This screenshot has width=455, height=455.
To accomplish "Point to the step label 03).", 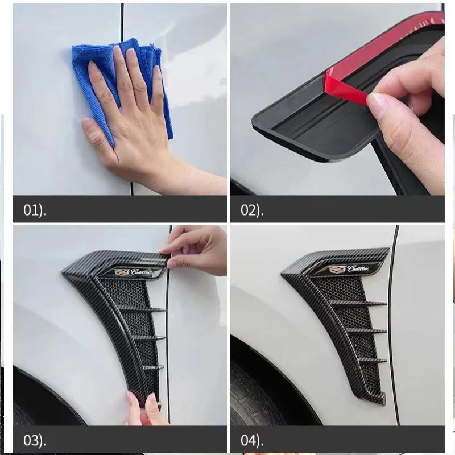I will [35, 440].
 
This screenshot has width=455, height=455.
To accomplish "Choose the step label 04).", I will [252, 440].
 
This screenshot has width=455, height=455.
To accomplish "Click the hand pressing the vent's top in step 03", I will [196, 250].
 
